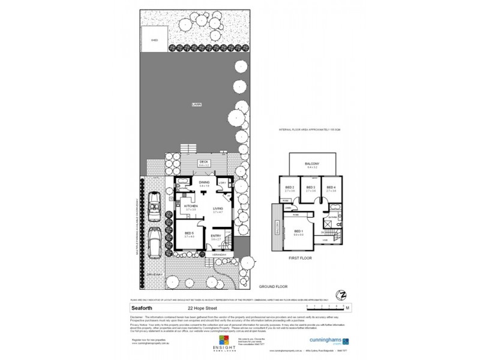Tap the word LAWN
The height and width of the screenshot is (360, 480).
tap(196, 104)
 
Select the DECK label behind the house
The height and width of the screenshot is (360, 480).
tap(205, 161)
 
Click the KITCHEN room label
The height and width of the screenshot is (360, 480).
tap(191, 205)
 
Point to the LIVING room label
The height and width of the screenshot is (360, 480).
tap(218, 208)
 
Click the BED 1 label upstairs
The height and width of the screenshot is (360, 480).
tap(298, 232)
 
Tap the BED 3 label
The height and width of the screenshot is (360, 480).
tap(310, 188)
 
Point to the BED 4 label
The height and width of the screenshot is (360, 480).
tap(331, 188)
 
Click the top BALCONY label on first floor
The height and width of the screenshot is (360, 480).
tap(311, 164)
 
